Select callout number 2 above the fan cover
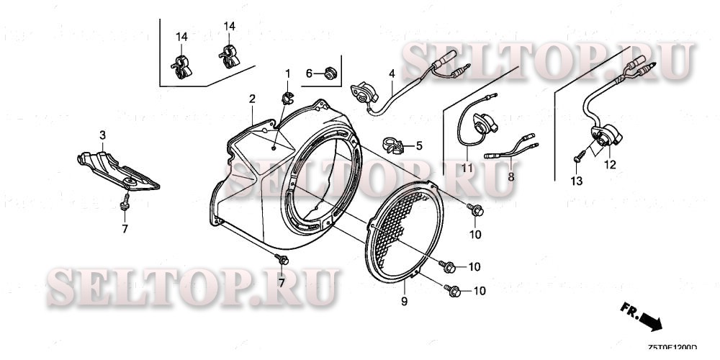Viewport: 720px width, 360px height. tap(252, 98)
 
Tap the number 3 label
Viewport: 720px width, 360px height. tap(102, 135)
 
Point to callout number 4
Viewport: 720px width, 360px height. tap(392, 74)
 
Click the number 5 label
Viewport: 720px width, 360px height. tap(419, 145)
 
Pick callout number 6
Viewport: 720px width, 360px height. tap(309, 73)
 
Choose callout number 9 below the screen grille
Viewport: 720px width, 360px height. tap(404, 300)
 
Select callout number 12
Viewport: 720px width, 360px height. tap(610, 163)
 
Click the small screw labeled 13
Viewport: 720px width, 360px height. tap(579, 158)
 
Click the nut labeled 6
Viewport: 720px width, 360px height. tap(330, 72)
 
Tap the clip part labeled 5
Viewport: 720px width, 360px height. tap(392, 145)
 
